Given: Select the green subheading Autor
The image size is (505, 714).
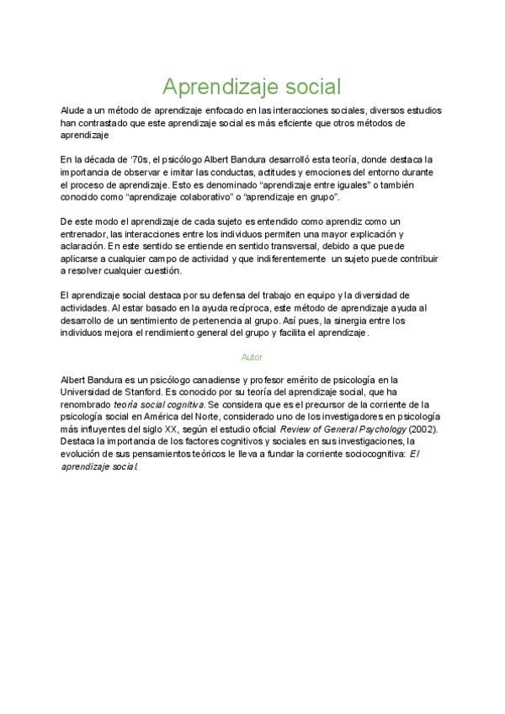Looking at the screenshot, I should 252,357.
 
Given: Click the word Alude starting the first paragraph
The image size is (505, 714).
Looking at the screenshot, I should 73,111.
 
